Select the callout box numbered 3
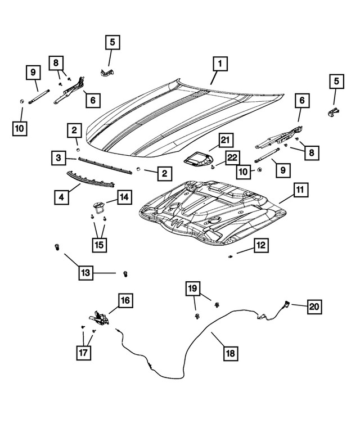point(58,159)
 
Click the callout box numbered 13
point(84,273)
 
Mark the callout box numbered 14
point(124,196)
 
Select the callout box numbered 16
point(125,300)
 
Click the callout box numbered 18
point(230,353)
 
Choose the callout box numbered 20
point(314,307)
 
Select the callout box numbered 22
point(232,159)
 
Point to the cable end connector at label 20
point(286,304)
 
